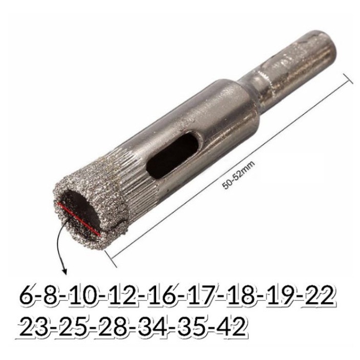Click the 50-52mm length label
tap(239, 175)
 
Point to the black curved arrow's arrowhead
tap(65, 271)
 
